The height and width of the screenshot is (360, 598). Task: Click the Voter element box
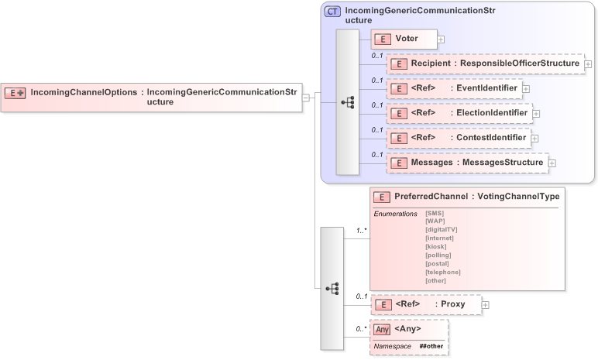pyautogui.click(x=403, y=38)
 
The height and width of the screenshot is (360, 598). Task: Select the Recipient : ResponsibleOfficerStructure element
pyautogui.click(x=485, y=63)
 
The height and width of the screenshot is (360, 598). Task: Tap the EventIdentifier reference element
pyautogui.click(x=454, y=88)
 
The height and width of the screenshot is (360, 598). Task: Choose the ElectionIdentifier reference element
pyautogui.click(x=458, y=113)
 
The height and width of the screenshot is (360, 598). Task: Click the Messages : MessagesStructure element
pyautogui.click(x=467, y=163)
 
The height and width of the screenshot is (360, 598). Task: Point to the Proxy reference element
pyautogui.click(x=425, y=304)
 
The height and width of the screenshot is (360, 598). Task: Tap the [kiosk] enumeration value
pyautogui.click(x=435, y=246)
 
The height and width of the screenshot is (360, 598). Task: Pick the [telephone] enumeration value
pyautogui.click(x=442, y=272)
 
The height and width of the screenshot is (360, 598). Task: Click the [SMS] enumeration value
pyautogui.click(x=435, y=212)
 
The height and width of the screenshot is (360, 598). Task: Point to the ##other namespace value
pyautogui.click(x=430, y=345)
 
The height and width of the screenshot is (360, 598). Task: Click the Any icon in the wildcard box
pyautogui.click(x=382, y=329)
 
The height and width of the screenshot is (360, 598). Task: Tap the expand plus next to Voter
pyautogui.click(x=441, y=38)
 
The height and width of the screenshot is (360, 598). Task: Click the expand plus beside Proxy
pyautogui.click(x=486, y=305)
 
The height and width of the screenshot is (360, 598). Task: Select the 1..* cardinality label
pyautogui.click(x=361, y=230)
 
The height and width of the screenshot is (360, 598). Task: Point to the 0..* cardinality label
pyautogui.click(x=361, y=329)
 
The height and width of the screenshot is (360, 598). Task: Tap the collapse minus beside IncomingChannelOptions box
pyautogui.click(x=306, y=98)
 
